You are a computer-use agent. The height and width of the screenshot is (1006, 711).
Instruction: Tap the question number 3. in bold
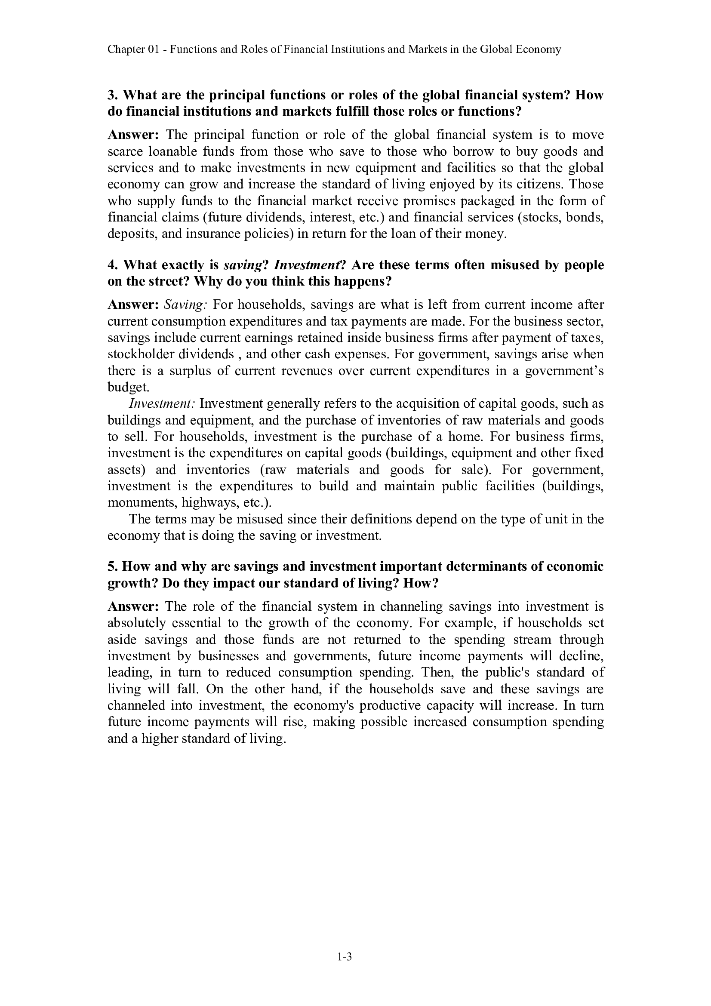(112, 95)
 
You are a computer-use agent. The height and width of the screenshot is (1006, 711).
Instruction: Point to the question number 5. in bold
(112, 566)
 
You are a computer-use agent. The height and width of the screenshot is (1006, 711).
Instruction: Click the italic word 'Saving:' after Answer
(185, 305)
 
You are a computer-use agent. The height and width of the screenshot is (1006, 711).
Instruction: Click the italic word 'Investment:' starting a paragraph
(162, 403)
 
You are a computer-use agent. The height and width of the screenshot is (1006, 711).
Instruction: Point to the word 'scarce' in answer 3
(125, 151)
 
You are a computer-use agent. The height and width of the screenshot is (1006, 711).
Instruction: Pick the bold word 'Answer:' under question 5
(133, 606)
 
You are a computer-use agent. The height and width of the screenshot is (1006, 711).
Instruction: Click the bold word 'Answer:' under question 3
(133, 135)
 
